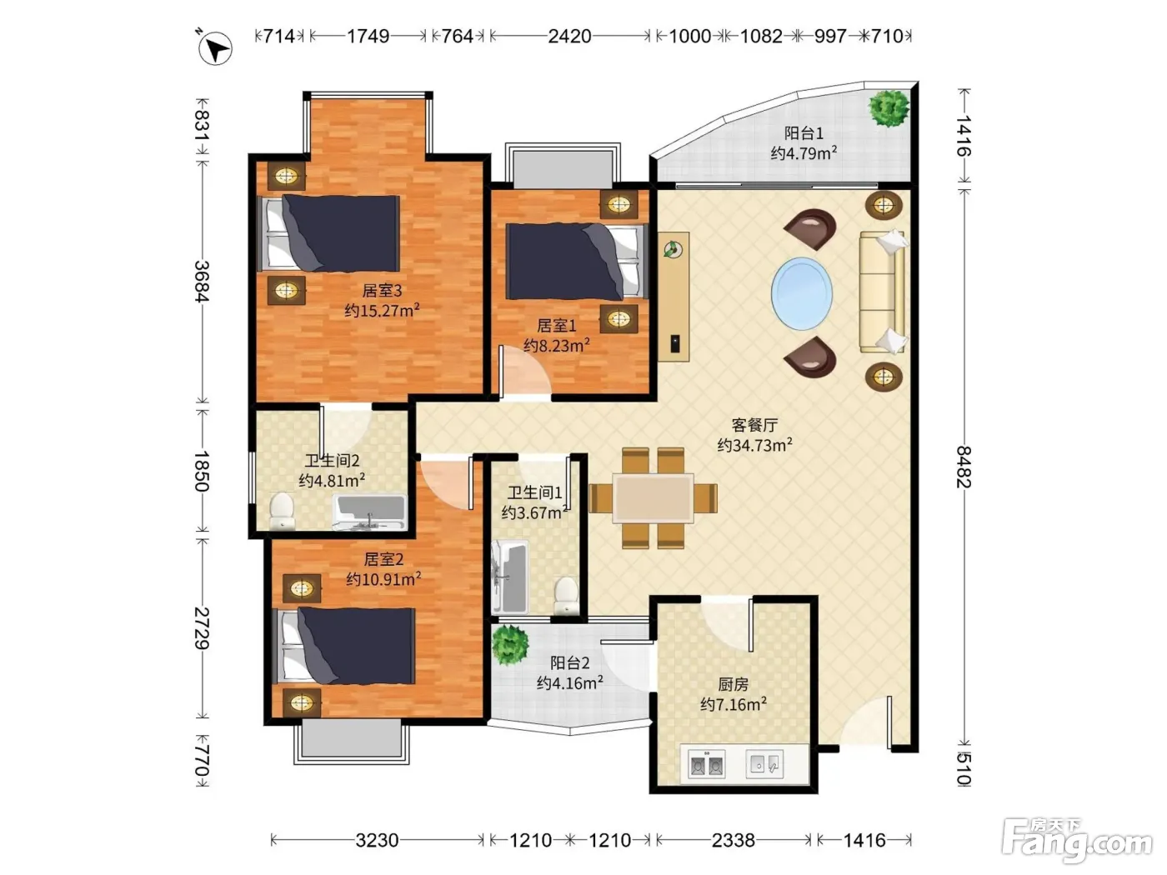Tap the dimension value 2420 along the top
pos(569,36)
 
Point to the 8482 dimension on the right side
pos(964,467)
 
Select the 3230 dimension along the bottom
pos(377,840)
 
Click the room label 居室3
pos(382,291)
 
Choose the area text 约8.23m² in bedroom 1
pos(557,345)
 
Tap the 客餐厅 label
pos(754,424)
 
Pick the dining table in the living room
pos(653,498)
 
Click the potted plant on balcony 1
pos(889,108)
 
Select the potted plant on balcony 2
pos(510,645)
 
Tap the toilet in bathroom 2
pos(282,511)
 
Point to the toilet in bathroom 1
pos(566,596)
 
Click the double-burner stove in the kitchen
pos(706,764)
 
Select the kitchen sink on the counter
pos(764,764)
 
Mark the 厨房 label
pos(734,684)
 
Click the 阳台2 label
pos(570,662)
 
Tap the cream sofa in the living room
pos(883,291)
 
